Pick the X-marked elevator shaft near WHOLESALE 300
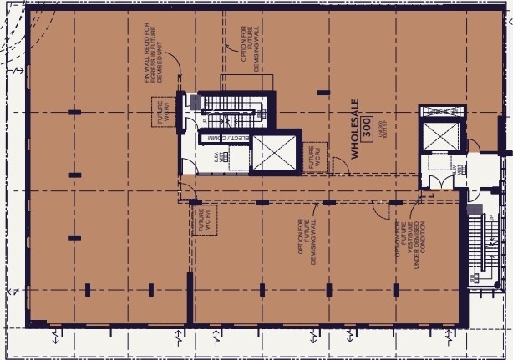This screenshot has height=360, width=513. pos(439,135)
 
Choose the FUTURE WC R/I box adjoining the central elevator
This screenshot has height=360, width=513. pos(316,155)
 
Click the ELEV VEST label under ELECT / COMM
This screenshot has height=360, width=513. pos(216,155)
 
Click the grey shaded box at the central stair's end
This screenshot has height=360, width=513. pos(195,103)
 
